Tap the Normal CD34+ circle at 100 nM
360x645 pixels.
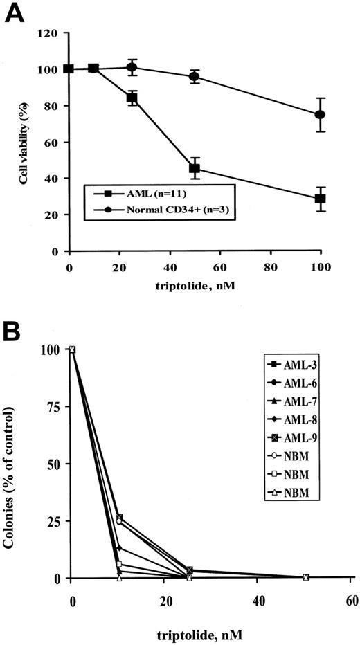pyautogui.click(x=320, y=115)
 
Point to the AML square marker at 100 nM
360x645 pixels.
pyautogui.click(x=320, y=199)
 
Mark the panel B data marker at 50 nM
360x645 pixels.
pyautogui.click(x=305, y=577)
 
